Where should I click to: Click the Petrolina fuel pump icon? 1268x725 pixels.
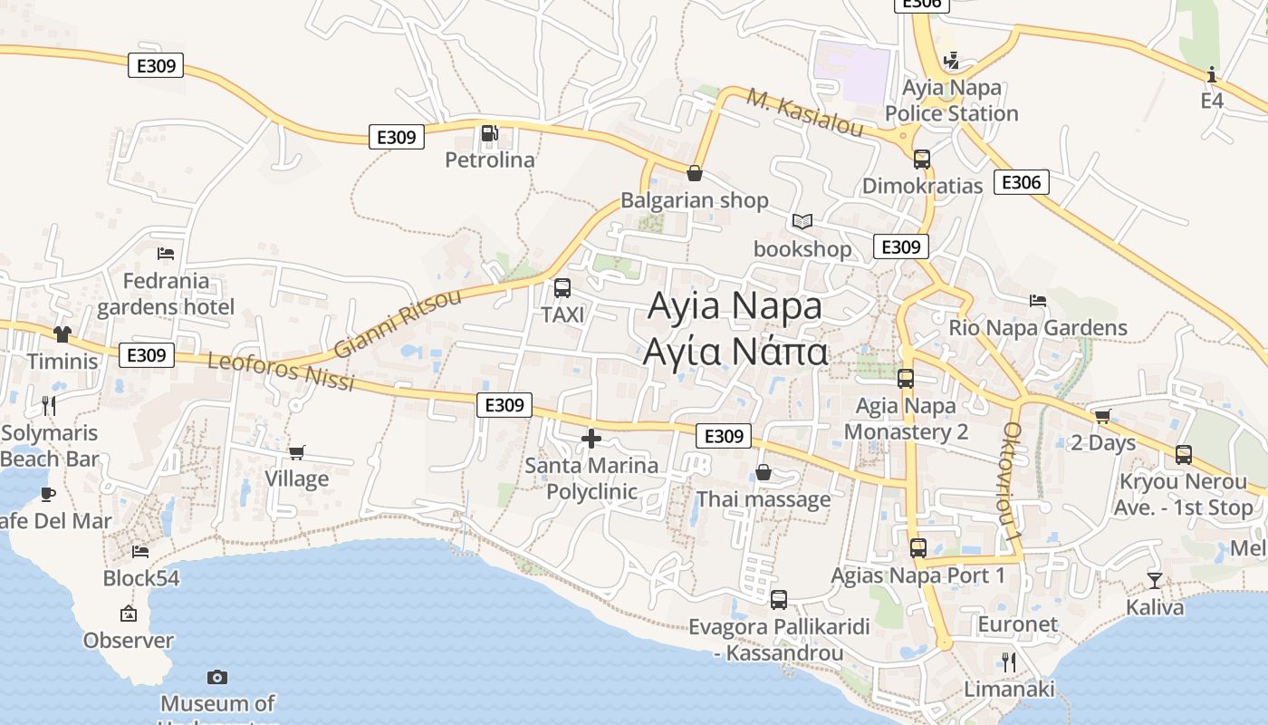[490, 134]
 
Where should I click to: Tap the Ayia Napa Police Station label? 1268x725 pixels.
[951, 101]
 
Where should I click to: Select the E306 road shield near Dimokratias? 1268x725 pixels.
[1021, 182]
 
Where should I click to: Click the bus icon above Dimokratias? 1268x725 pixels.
[921, 159]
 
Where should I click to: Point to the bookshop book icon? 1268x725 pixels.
[802, 221]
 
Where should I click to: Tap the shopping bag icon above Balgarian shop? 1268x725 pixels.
[695, 173]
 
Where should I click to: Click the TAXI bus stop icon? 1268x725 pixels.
[562, 288]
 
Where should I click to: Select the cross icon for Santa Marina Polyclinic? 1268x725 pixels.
[591, 440]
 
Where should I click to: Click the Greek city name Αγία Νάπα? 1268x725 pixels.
[735, 352]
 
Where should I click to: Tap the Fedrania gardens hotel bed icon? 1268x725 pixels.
[165, 254]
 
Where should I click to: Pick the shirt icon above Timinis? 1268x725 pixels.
[62, 334]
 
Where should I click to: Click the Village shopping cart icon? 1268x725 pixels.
[296, 452]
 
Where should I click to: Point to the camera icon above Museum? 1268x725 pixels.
[217, 677]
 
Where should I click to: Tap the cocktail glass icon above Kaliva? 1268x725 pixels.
[1154, 580]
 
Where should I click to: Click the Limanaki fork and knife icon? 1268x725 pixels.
[1008, 662]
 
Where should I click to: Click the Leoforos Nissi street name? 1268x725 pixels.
[281, 372]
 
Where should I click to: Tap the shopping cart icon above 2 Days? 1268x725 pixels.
[1102, 416]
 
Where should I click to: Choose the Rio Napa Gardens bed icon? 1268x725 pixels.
[1038, 301]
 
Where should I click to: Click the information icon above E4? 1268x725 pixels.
[1212, 74]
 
